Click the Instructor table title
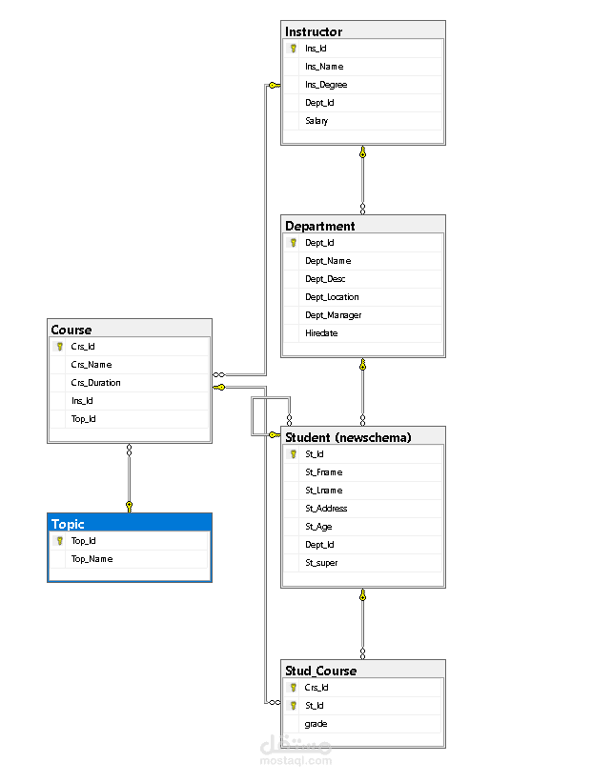point(314,31)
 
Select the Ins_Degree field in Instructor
point(326,85)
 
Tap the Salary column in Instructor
point(316,121)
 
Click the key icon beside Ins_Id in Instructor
point(294,48)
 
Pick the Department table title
point(320,226)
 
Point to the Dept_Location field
point(332,297)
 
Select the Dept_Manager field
point(333,315)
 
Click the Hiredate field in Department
point(321,333)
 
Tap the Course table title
point(71,330)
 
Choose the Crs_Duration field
point(95,383)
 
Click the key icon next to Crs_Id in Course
point(59,347)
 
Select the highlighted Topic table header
point(68,524)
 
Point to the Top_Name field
point(92,559)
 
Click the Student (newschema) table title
point(348,437)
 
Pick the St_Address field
point(326,509)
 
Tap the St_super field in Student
point(321,563)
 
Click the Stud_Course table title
point(320,671)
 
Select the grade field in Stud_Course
point(316,724)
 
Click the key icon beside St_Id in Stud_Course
point(294,706)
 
